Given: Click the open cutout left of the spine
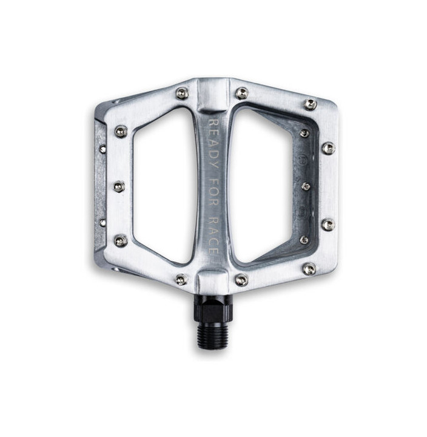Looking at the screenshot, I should (x=163, y=185).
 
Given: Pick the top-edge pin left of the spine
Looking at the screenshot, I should (x=181, y=93).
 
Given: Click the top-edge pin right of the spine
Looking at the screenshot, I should (x=242, y=93).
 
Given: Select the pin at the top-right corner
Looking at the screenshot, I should (x=311, y=104).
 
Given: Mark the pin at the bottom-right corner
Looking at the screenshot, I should (x=309, y=268).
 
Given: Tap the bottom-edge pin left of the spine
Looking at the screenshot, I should (x=181, y=279).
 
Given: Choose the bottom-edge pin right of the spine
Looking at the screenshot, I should (x=241, y=279).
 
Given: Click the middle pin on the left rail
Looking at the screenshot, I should (x=119, y=186).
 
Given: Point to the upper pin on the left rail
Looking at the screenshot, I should (x=121, y=131).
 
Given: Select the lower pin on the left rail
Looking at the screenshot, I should (x=121, y=240).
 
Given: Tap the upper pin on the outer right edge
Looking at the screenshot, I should (x=328, y=147).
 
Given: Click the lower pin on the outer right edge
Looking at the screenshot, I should (x=328, y=225).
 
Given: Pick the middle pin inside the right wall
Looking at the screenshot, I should (x=306, y=186).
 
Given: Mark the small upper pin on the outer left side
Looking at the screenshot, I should (x=103, y=149).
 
